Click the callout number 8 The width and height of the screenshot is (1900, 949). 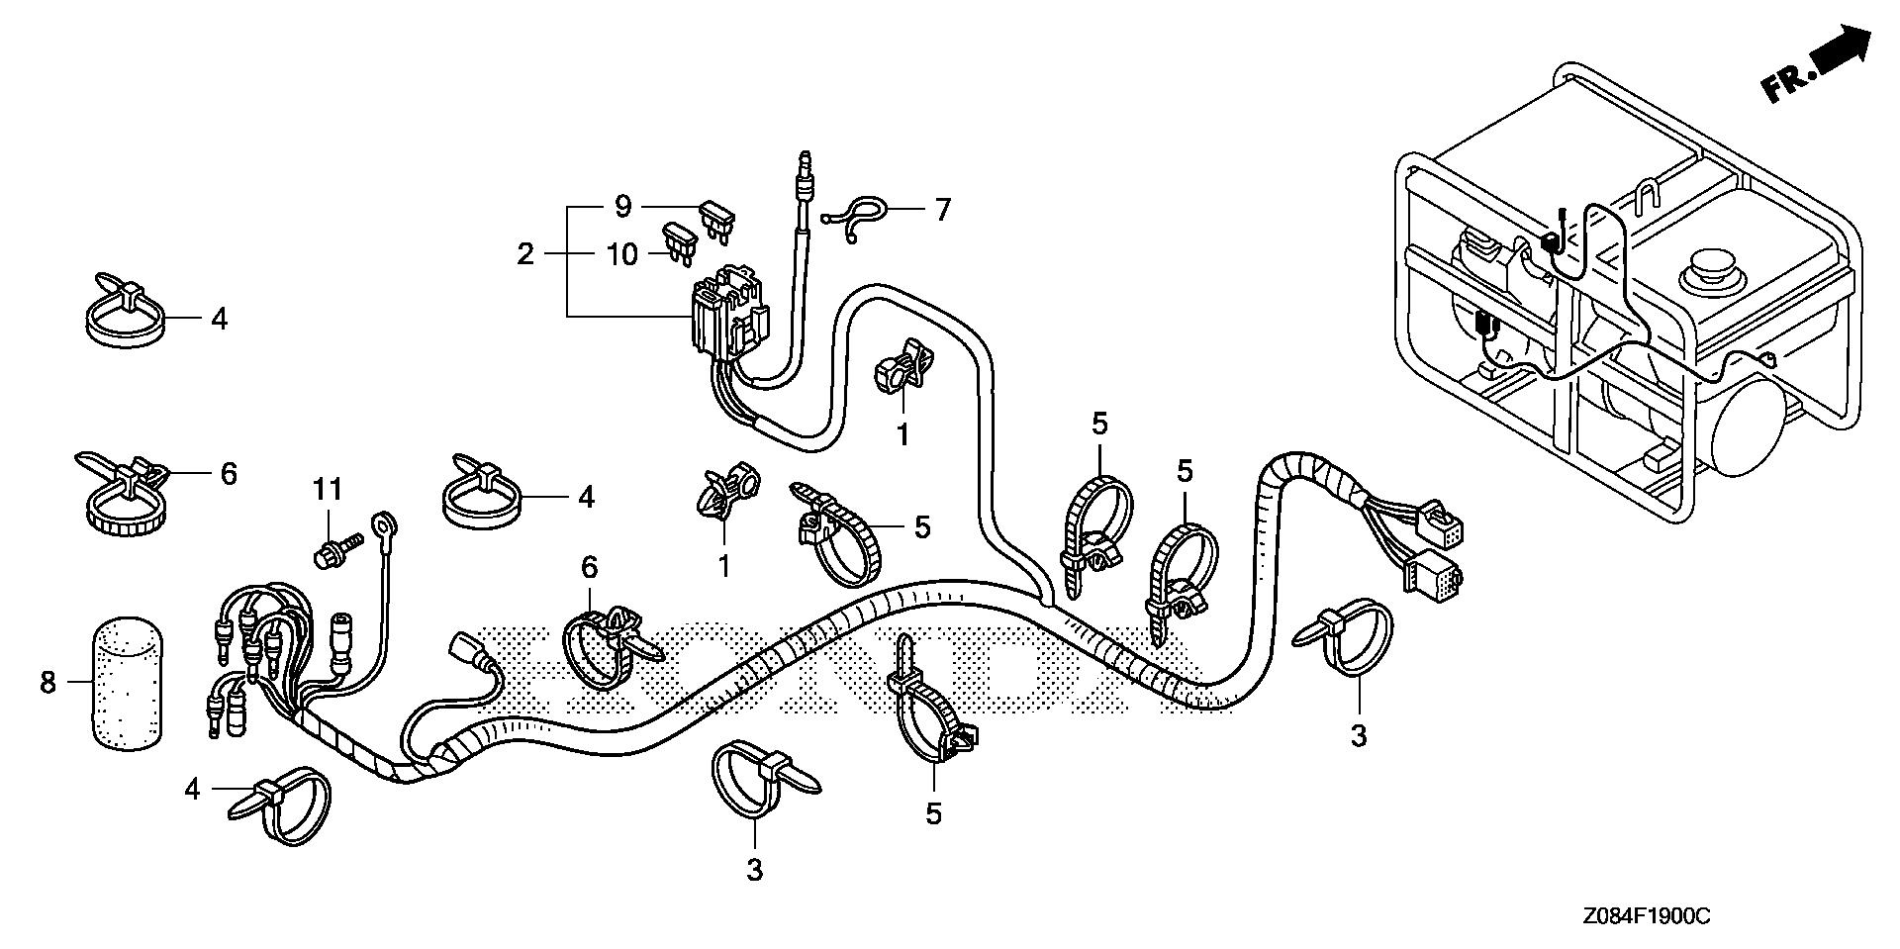click(47, 683)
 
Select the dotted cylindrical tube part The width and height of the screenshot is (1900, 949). click(126, 683)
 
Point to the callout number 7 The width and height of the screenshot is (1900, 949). click(942, 209)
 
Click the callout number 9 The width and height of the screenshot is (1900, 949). click(622, 207)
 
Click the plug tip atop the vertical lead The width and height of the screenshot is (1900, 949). click(805, 161)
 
